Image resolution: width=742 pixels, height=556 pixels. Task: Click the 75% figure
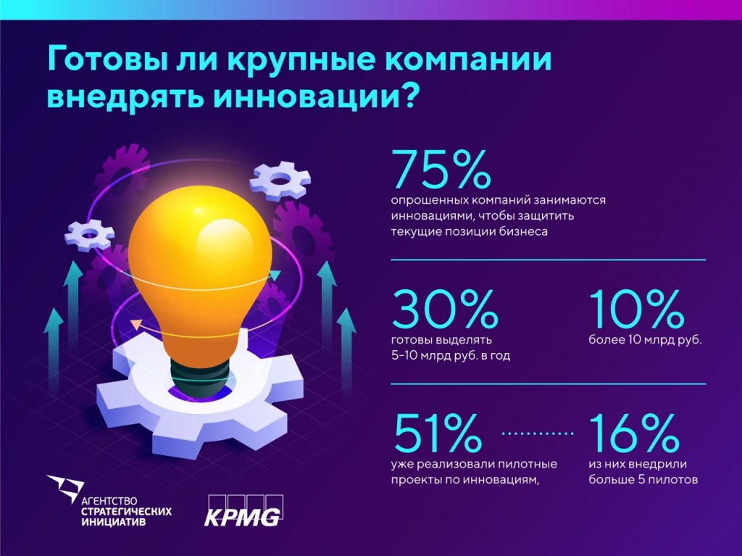(441, 169)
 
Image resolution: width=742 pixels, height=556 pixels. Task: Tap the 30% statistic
(445, 310)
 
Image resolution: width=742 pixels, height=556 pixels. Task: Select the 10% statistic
(637, 310)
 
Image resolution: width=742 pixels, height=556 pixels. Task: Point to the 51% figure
(437, 433)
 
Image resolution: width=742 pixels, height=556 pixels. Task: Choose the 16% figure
(635, 433)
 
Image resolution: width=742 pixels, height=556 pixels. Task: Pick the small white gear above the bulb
(280, 181)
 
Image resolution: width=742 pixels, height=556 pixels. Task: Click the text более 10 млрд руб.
(645, 339)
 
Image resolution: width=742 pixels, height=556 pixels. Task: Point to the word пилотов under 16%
(674, 479)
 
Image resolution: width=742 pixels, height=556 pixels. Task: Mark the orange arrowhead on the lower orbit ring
(135, 324)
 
